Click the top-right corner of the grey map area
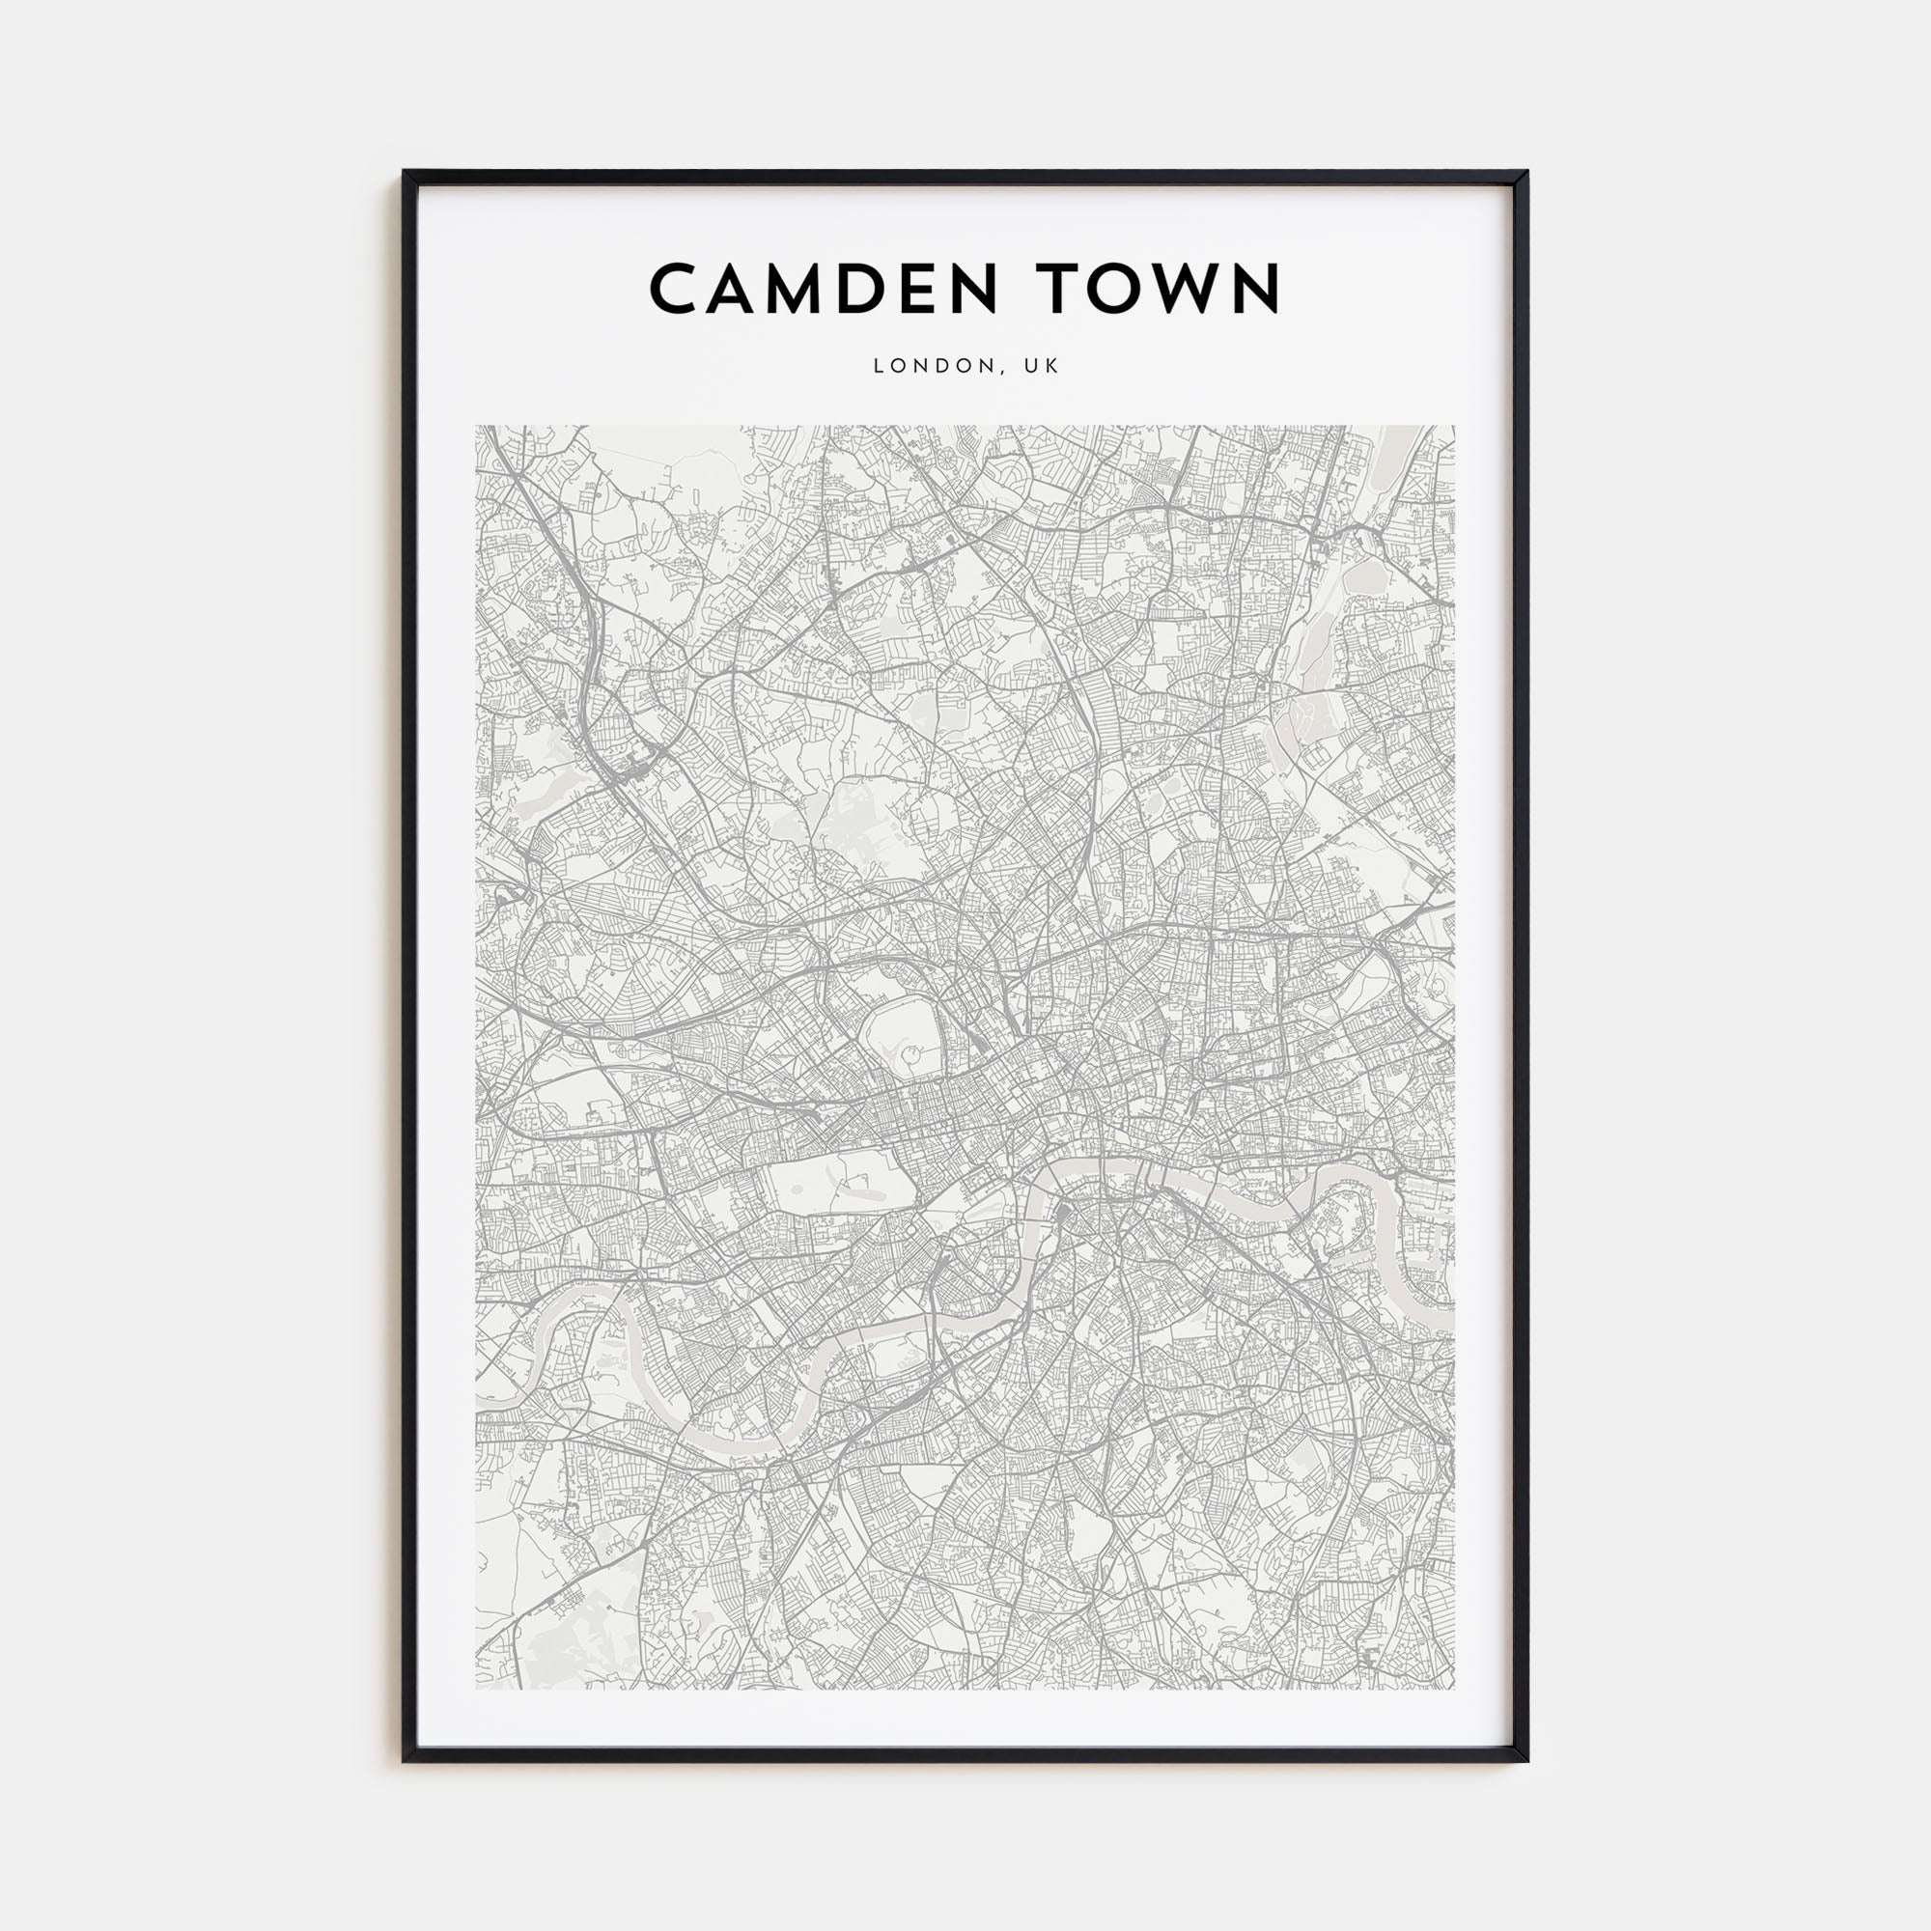(x=1453, y=428)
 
